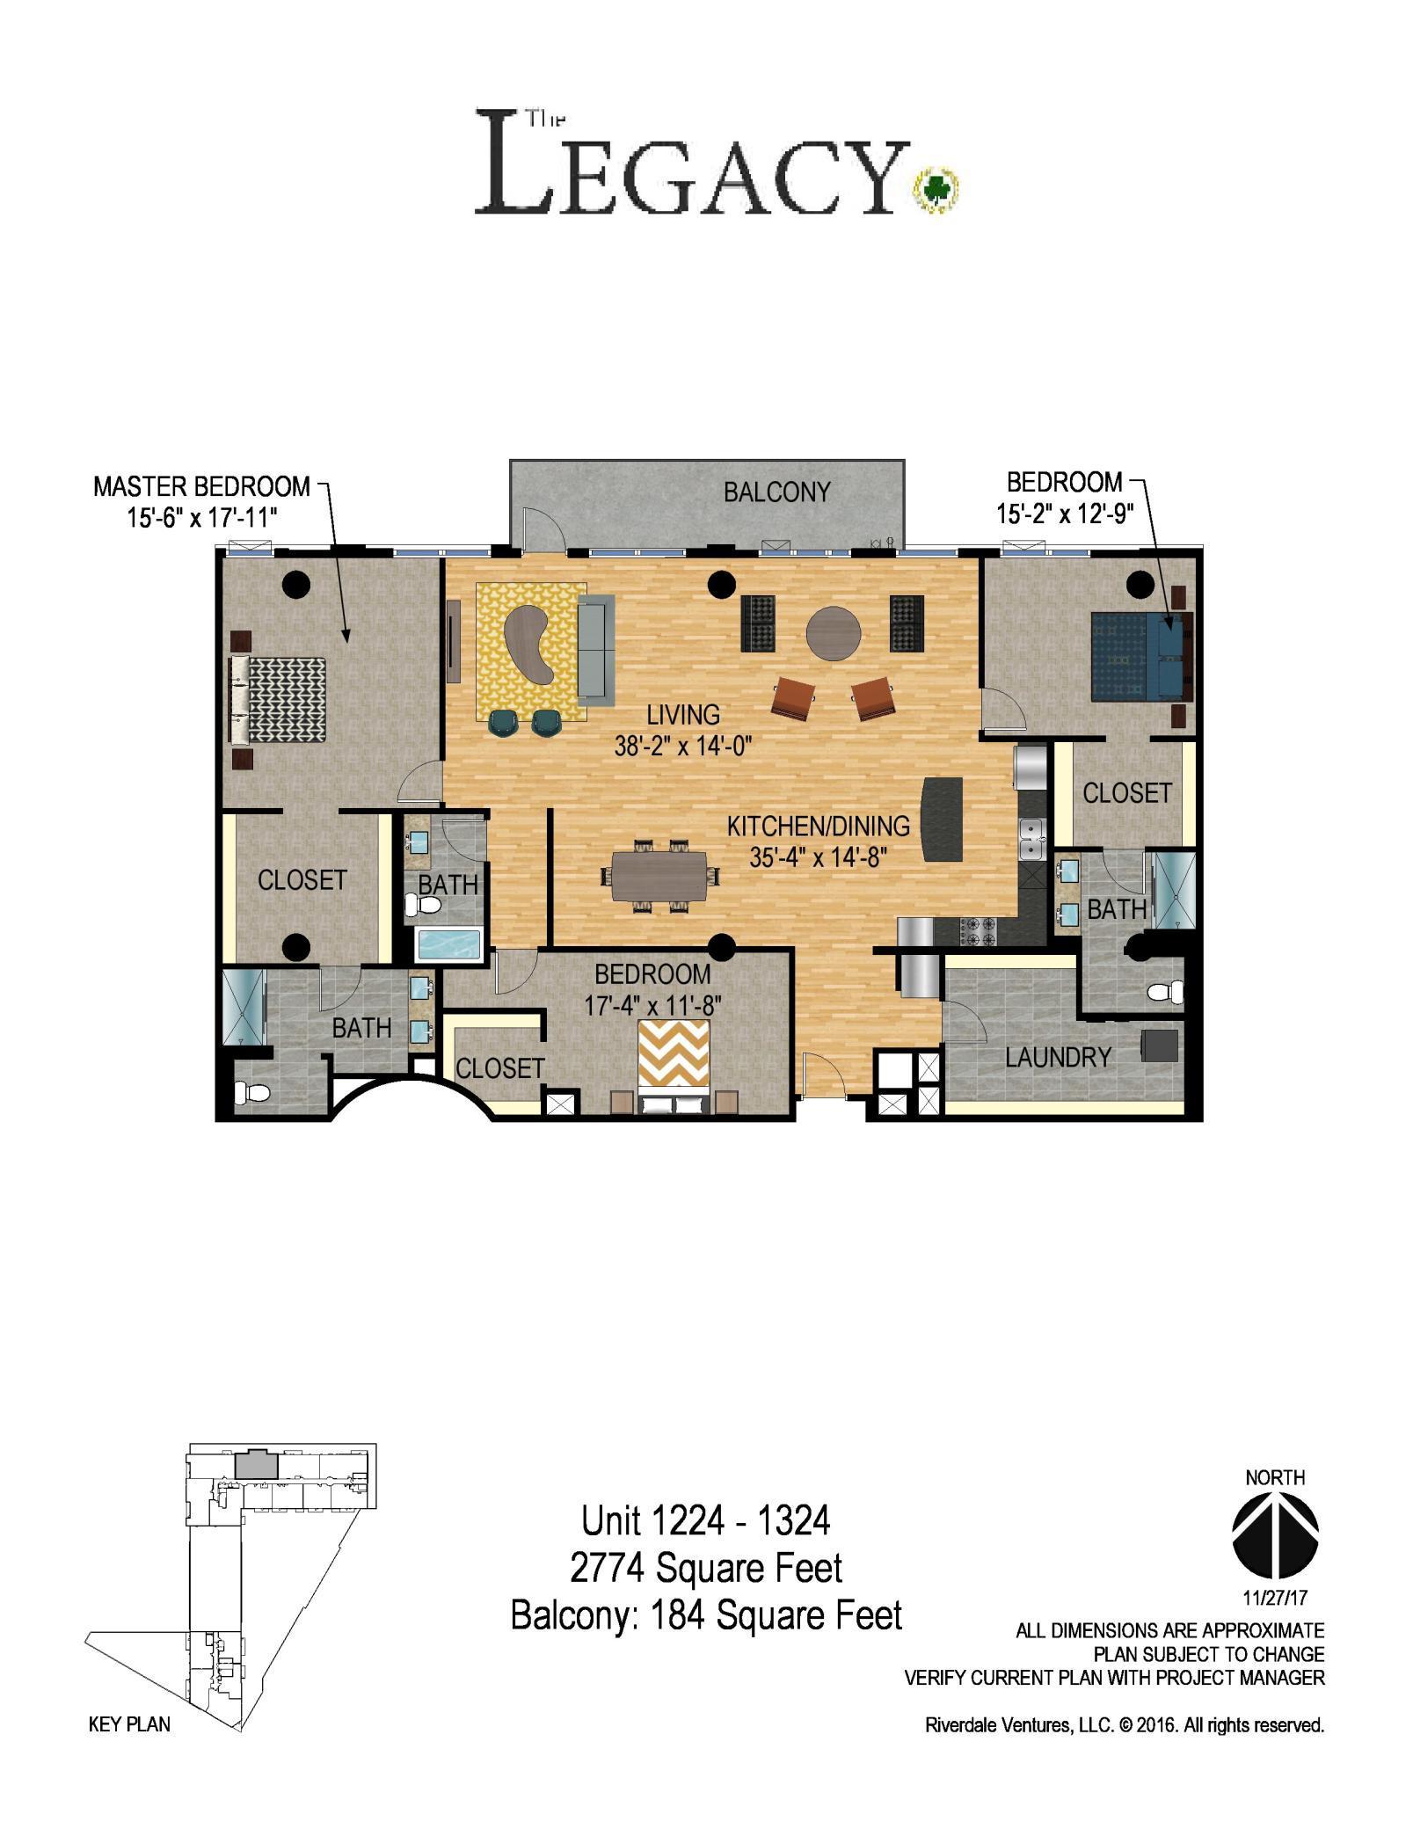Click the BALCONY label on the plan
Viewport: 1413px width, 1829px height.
click(776, 492)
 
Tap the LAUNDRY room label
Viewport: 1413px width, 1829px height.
click(1058, 1057)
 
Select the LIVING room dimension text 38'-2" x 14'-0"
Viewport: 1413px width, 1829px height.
click(683, 747)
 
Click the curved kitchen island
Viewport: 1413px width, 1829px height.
click(941, 820)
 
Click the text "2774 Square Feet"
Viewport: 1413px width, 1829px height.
click(706, 1566)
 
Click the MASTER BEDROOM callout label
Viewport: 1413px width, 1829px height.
click(201, 486)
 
